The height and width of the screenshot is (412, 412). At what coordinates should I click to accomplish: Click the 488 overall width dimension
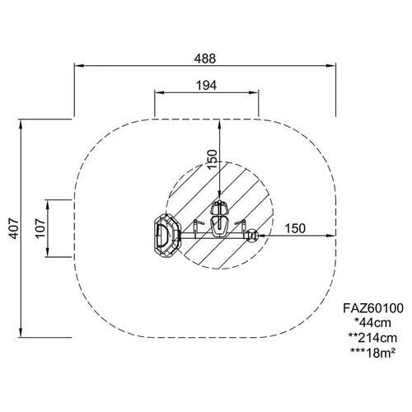205,59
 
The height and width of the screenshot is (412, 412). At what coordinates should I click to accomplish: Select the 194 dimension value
206,86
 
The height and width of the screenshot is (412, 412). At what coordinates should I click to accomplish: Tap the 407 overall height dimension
13,228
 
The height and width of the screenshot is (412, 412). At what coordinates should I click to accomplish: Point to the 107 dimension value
40,228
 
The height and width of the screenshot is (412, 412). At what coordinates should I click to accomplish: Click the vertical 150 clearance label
213,159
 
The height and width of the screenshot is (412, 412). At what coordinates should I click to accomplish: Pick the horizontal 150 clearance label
295,228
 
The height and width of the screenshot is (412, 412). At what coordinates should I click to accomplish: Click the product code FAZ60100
373,308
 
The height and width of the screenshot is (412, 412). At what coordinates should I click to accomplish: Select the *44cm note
372,323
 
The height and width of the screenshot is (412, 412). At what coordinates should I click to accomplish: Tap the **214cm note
372,338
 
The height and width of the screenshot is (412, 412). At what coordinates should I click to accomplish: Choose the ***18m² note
372,353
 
